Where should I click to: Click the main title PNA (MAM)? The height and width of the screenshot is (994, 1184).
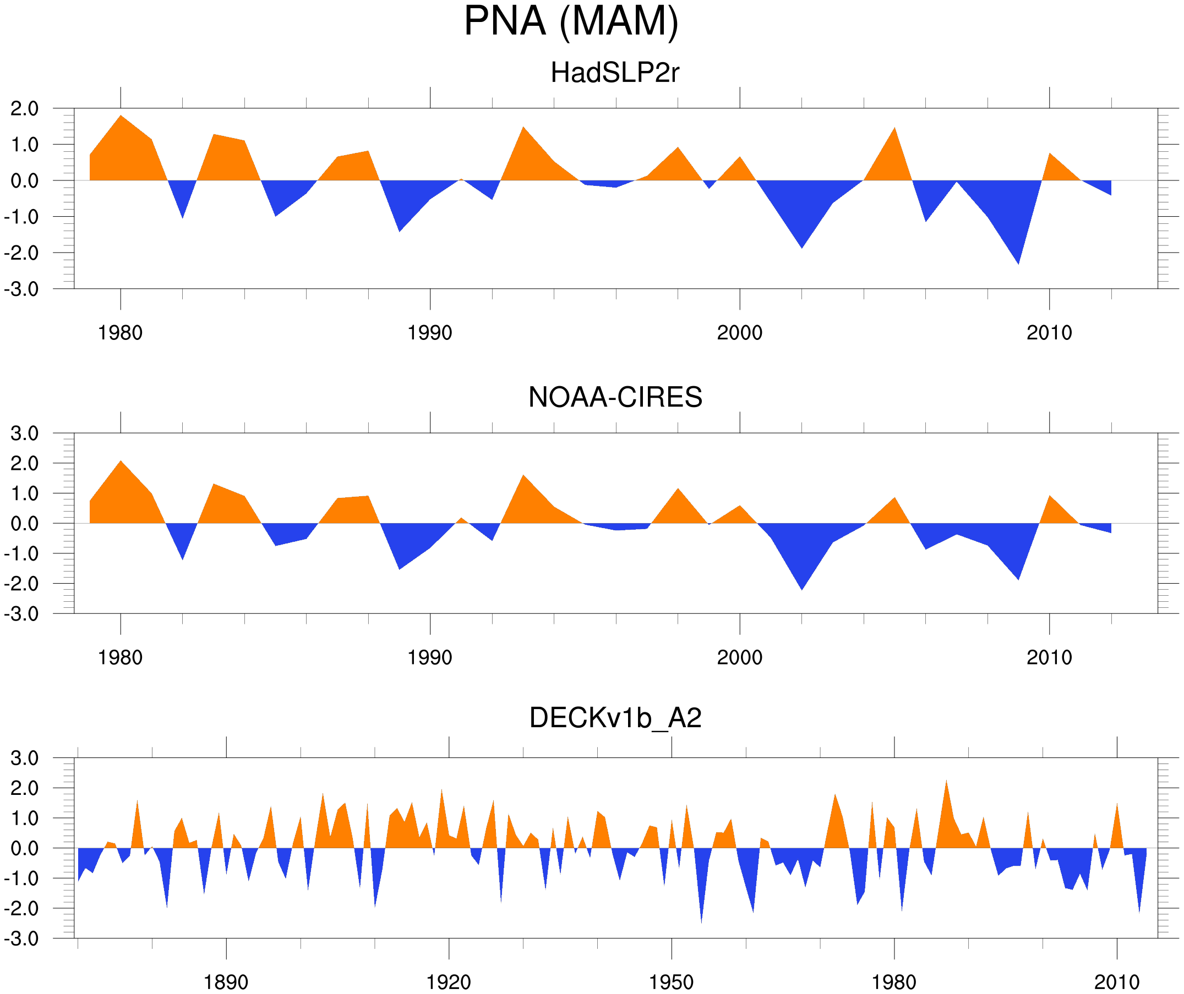click(571, 21)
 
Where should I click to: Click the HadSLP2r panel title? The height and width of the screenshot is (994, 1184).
click(614, 73)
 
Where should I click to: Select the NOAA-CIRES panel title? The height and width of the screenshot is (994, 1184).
click(615, 397)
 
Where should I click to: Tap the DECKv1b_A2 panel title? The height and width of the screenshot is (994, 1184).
click(615, 718)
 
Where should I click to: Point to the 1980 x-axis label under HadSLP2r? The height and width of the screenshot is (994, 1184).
click(120, 333)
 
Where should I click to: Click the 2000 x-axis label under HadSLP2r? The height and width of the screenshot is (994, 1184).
click(739, 333)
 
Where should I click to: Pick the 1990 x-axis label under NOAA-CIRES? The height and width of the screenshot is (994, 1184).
click(430, 657)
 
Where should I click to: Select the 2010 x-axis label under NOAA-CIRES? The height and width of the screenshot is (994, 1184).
click(1049, 657)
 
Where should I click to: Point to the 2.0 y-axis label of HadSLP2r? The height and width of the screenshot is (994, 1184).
click(24, 109)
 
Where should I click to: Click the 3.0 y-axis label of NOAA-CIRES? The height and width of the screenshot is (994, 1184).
click(24, 434)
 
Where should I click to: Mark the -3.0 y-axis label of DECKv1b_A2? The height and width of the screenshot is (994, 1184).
click(21, 940)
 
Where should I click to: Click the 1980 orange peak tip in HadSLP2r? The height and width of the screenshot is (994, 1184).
click(121, 116)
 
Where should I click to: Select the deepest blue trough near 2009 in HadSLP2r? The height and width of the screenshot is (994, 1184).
click(1018, 263)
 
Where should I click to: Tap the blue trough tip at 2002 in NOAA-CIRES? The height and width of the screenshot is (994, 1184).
click(802, 589)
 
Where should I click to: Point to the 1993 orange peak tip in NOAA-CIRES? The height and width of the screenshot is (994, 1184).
click(524, 476)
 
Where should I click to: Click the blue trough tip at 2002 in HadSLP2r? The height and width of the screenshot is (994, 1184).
click(802, 248)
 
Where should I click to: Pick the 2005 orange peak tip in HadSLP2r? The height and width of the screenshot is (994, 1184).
click(895, 129)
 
